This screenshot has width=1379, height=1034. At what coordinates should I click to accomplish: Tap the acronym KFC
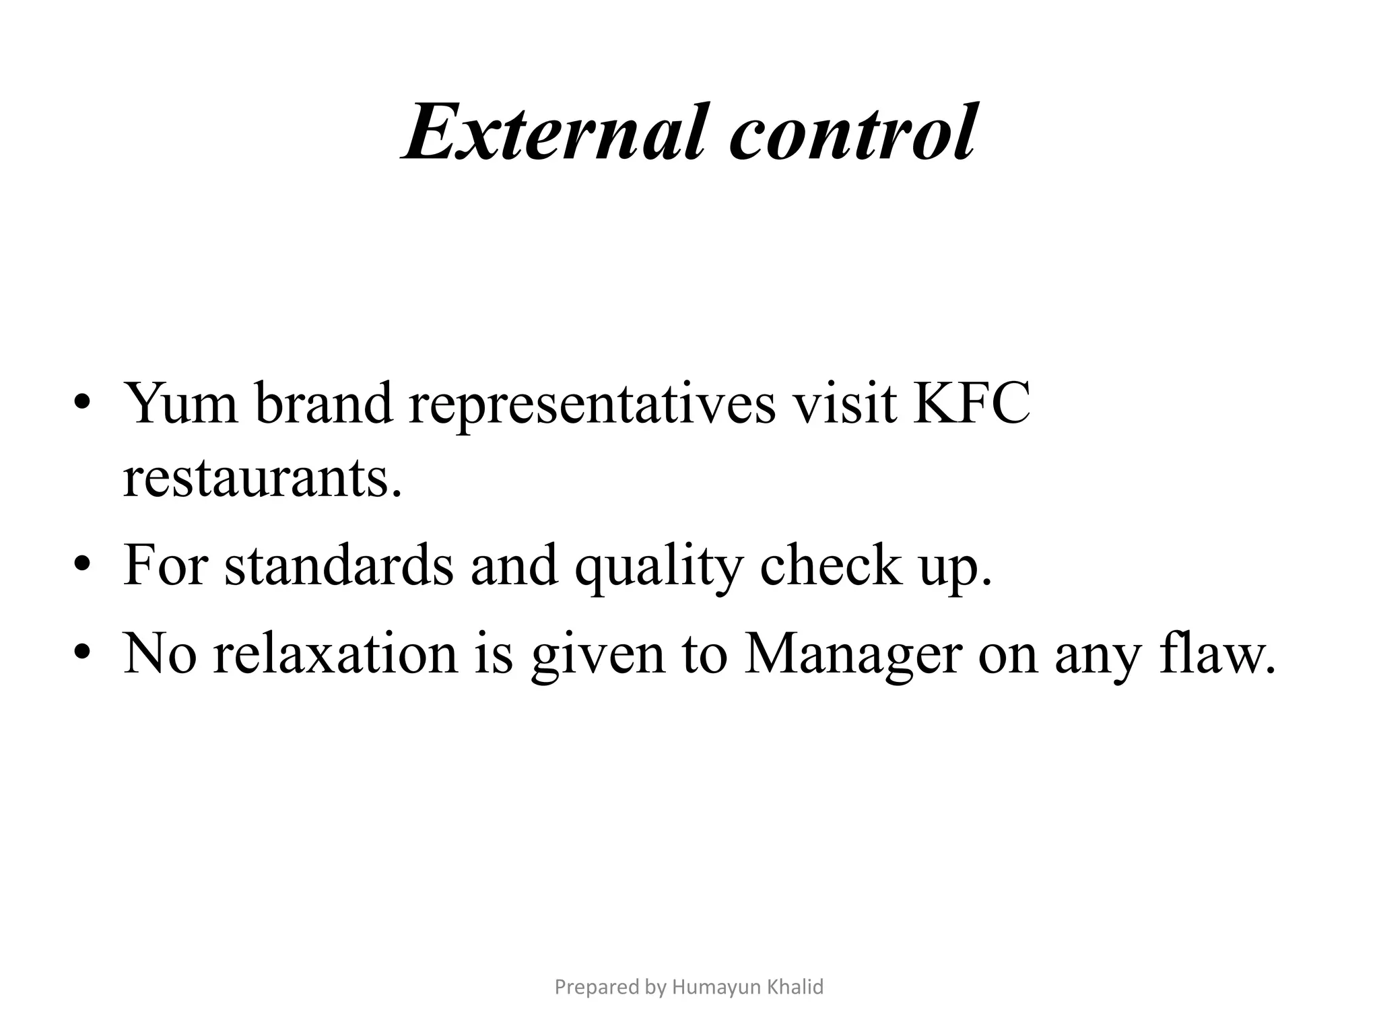pos(971,404)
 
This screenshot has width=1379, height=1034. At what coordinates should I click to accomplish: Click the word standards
pos(339,565)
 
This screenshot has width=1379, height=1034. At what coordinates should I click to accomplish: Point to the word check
pos(830,565)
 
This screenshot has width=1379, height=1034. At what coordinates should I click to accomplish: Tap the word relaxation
pos(335,654)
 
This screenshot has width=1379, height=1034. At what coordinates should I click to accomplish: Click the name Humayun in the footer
pos(717,987)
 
